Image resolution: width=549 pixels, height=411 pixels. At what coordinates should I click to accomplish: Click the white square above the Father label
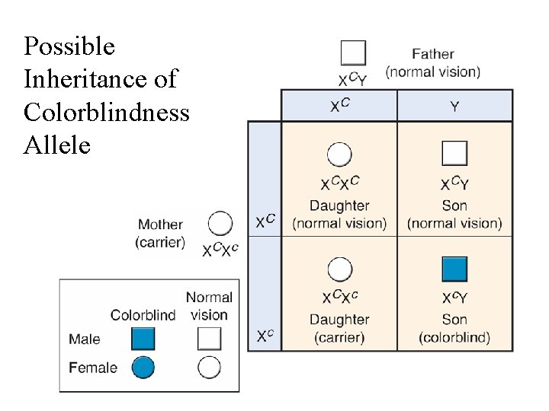tap(353, 53)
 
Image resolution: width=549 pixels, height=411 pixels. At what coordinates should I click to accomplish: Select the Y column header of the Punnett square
tap(454, 107)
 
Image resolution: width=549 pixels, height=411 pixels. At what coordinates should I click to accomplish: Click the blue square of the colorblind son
tap(454, 269)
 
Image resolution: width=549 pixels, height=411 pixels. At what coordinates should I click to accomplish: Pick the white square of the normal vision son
tap(454, 154)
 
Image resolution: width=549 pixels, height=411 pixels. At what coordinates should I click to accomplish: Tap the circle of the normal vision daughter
tap(339, 155)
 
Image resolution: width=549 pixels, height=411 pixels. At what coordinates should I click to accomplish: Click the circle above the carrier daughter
tap(339, 269)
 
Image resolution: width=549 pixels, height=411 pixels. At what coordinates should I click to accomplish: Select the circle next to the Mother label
tap(220, 224)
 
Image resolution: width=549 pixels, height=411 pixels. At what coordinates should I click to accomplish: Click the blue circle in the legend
tap(143, 368)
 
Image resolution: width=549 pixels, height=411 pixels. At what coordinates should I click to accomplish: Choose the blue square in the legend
tap(143, 339)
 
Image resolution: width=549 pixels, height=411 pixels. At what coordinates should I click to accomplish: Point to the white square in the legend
tap(209, 339)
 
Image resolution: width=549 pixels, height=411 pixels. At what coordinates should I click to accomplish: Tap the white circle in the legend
tap(209, 368)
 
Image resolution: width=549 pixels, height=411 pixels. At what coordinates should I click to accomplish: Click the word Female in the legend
tap(93, 368)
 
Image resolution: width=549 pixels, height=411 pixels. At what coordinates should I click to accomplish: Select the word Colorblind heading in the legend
tap(143, 314)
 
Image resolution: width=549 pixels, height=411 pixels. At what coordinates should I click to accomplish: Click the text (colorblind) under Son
tap(454, 336)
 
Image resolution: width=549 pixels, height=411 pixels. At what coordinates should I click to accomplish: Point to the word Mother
tap(160, 225)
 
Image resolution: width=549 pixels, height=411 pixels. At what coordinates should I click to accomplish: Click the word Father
tap(432, 54)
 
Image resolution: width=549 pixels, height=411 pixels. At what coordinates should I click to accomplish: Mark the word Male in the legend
tap(84, 339)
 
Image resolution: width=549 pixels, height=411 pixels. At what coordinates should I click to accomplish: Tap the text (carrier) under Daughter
tap(339, 336)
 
